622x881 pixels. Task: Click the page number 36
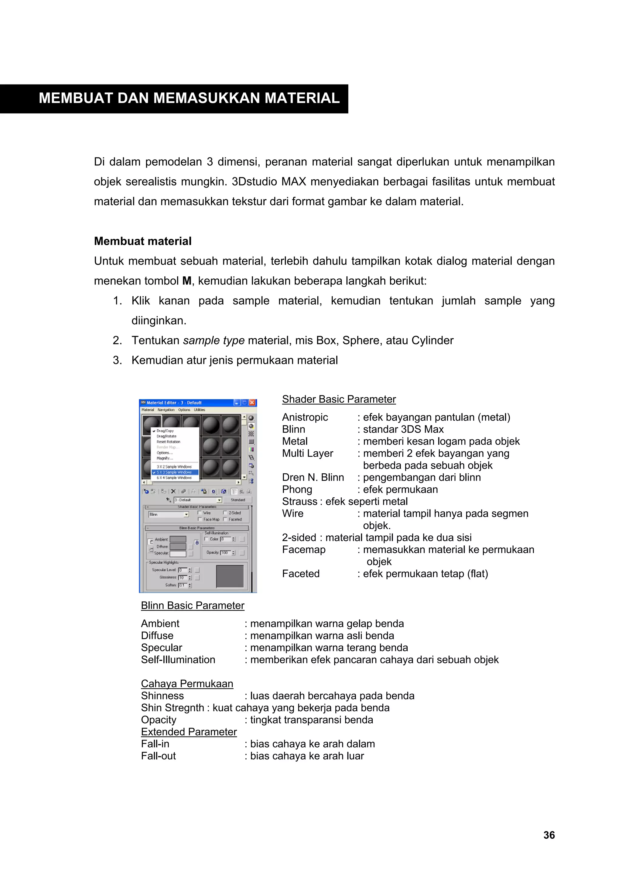coord(549,835)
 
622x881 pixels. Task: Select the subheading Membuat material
coord(142,241)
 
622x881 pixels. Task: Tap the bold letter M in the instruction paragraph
coord(187,281)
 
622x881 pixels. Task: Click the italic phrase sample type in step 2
coord(214,340)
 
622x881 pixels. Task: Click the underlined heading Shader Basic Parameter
coord(339,399)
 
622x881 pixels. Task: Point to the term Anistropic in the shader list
coord(305,417)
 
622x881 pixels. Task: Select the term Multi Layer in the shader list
coord(307,453)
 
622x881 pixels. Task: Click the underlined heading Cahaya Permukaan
coord(187,683)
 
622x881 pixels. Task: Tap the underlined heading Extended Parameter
coord(189,732)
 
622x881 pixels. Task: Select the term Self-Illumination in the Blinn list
coord(178,660)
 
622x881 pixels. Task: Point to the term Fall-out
coord(158,756)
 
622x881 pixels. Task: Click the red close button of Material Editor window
coord(252,402)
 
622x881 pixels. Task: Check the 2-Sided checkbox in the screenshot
coord(225,513)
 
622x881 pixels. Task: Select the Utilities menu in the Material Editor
coord(199,410)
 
